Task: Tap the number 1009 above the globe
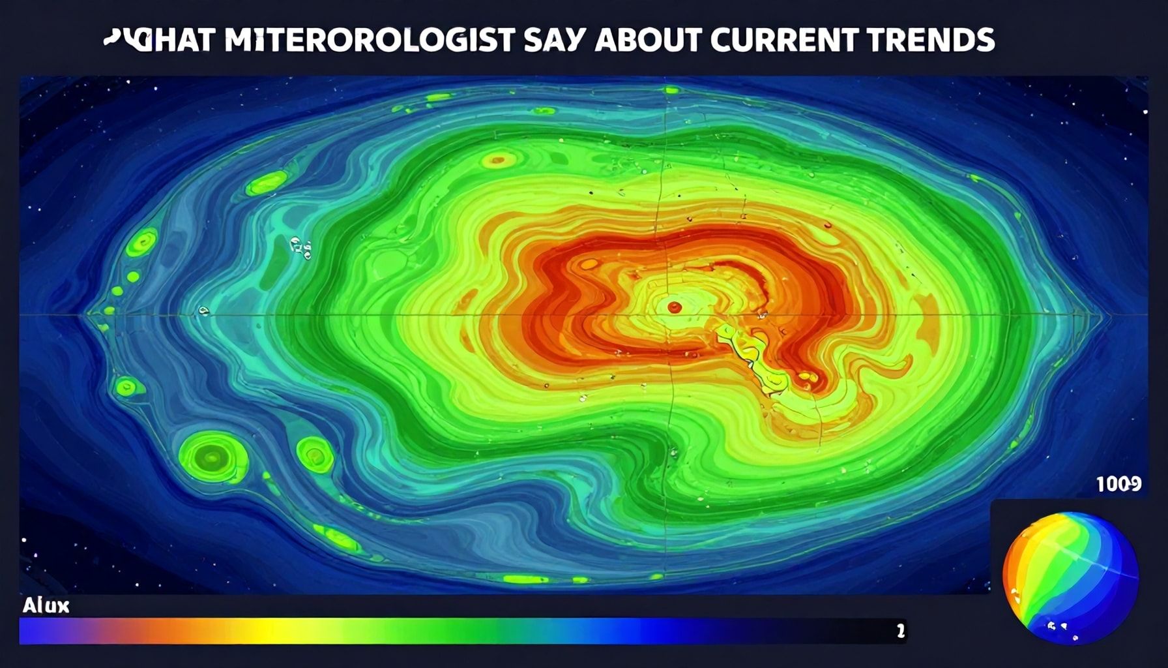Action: [x=1118, y=484]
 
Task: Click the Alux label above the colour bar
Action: [x=46, y=606]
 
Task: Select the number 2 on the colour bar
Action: [x=900, y=631]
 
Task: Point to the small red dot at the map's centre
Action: [x=675, y=307]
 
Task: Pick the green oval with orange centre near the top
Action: [x=499, y=159]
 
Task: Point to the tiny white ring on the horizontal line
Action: [x=203, y=311]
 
